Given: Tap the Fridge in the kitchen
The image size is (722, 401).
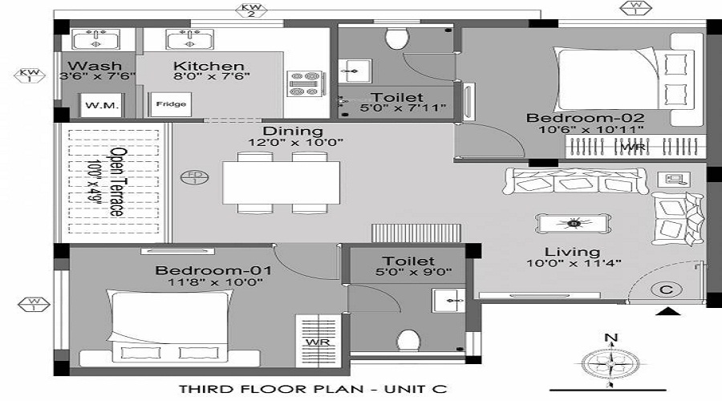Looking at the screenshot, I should pos(170,104).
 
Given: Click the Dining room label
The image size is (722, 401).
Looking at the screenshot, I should pos(293,131).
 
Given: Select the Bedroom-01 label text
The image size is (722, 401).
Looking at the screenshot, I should pos(213,270).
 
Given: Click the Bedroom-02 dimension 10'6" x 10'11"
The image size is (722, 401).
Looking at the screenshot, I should pos(586,131).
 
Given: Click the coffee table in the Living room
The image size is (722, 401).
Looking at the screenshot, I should pos(573,223).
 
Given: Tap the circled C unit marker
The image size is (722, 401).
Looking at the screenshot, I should pos(665,288).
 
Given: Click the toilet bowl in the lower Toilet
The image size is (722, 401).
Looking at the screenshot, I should pos(408,342).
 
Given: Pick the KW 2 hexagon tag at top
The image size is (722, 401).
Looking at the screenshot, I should pos(250,10).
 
